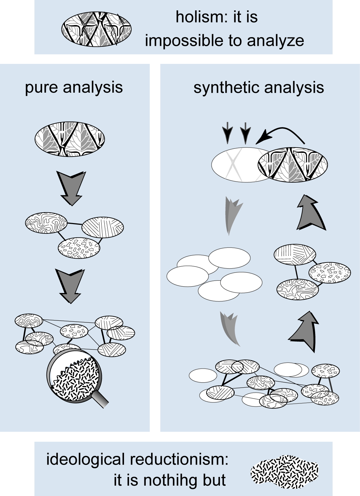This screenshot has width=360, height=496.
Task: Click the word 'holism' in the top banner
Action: pos(196,17)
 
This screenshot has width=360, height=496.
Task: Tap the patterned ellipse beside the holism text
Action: pos(96,29)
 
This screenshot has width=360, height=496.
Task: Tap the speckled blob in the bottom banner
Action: pos(284,472)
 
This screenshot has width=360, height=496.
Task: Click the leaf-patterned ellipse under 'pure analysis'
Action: pos(70,139)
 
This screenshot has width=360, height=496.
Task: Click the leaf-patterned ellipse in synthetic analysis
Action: pos(293,165)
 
